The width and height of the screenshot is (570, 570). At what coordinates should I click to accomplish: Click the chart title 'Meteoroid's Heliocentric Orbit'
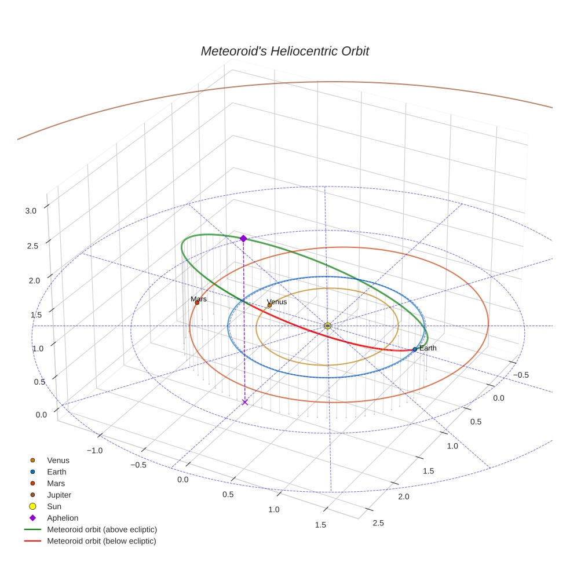point(284,51)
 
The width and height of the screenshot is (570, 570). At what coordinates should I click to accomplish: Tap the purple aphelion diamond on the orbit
point(243,238)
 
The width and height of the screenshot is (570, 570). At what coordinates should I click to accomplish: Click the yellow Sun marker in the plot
point(328,326)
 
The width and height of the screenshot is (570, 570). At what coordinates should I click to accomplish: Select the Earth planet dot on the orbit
point(415,349)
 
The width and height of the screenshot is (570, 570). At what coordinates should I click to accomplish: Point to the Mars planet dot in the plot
point(197,302)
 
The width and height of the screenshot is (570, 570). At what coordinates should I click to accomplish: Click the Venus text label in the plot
point(277,301)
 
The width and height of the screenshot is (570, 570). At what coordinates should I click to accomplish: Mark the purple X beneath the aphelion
point(245,401)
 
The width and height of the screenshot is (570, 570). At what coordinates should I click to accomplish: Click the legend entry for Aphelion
point(62,518)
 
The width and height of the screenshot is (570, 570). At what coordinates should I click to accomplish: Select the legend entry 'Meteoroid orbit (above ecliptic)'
point(101,529)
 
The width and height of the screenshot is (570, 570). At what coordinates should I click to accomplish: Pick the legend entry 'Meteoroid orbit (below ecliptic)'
point(101,541)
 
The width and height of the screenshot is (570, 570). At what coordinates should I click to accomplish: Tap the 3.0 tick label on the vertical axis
point(31,211)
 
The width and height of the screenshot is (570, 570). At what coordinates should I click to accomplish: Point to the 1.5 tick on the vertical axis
point(36,315)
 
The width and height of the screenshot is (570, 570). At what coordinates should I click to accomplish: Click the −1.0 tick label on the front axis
point(94,450)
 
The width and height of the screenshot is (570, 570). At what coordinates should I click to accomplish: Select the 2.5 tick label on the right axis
point(378,522)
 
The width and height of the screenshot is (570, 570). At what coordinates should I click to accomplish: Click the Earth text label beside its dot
point(428,348)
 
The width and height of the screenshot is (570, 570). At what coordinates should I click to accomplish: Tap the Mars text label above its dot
point(199,299)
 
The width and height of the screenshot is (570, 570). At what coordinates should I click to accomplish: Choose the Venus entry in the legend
point(58,461)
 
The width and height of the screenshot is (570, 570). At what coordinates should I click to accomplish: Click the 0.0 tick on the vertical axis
point(41,415)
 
